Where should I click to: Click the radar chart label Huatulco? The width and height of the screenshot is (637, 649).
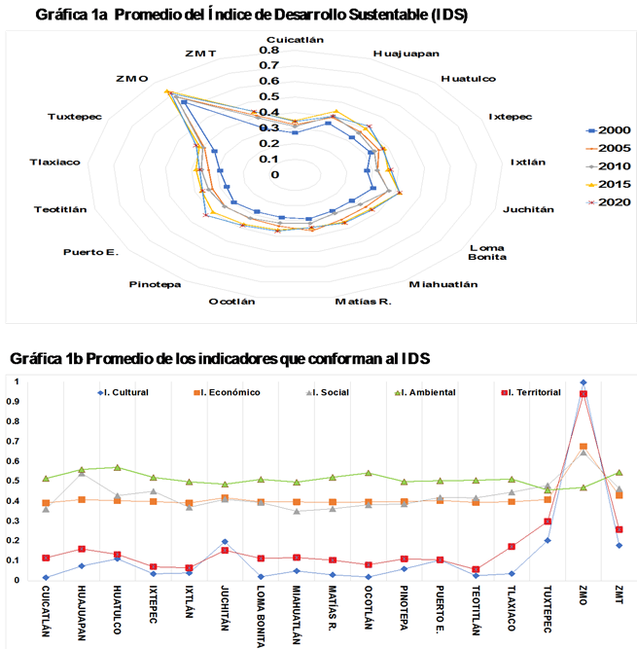[468, 78]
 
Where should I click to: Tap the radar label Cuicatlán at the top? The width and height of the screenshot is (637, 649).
[295, 39]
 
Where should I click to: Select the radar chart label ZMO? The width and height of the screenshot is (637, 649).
[130, 78]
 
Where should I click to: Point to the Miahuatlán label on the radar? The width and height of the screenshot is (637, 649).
[443, 284]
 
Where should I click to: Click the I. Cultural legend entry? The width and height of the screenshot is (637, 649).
[131, 392]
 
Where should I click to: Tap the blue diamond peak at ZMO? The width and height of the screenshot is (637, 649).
[584, 382]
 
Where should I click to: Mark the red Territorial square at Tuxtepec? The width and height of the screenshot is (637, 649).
[548, 522]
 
